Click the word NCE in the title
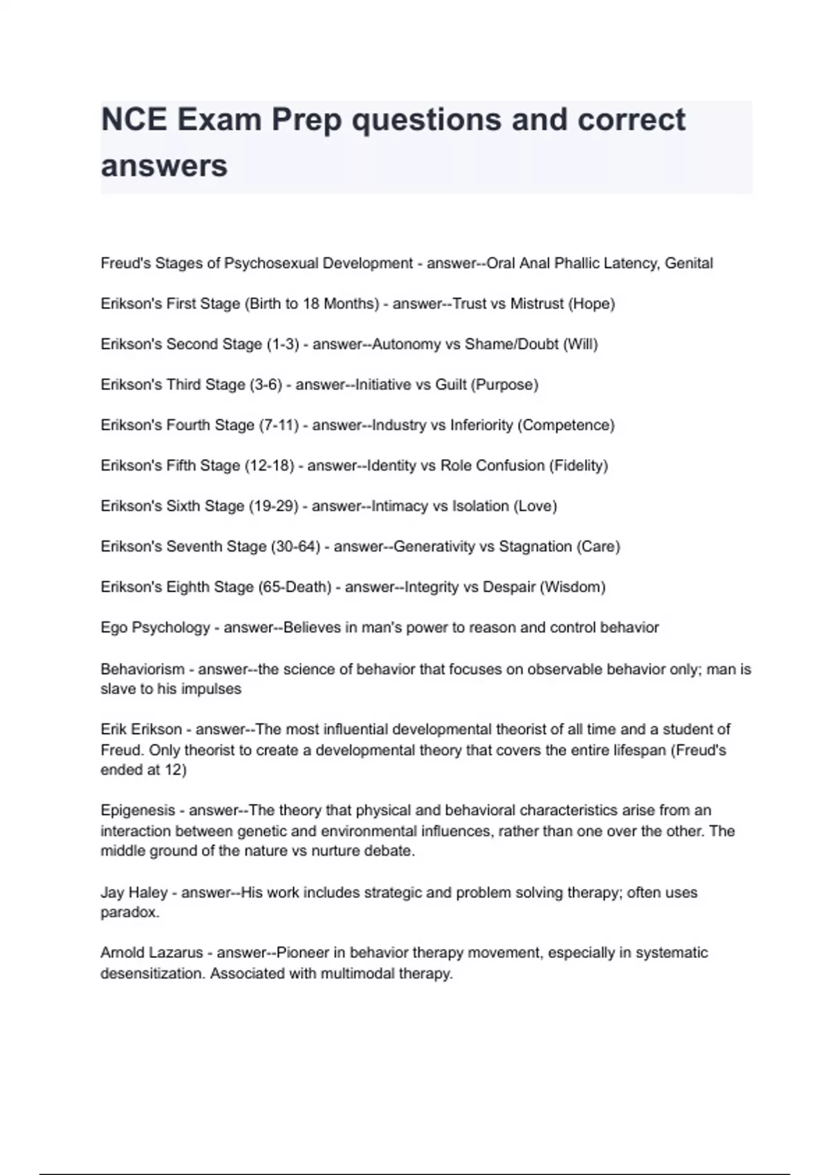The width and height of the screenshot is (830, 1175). [x=133, y=120]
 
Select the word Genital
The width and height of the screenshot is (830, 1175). [x=689, y=263]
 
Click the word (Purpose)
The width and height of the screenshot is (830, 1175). [x=504, y=384]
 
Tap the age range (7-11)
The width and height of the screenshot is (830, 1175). [x=279, y=425]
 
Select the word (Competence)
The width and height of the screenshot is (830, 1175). [x=566, y=425]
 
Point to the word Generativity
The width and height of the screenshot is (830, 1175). [x=434, y=547]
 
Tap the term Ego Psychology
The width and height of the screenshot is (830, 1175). [x=155, y=628]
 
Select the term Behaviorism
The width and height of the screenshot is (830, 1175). [x=142, y=669]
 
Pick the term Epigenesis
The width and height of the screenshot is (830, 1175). [x=138, y=810]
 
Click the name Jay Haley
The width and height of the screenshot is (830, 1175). [x=134, y=892]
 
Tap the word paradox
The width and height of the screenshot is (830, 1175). [x=129, y=912]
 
